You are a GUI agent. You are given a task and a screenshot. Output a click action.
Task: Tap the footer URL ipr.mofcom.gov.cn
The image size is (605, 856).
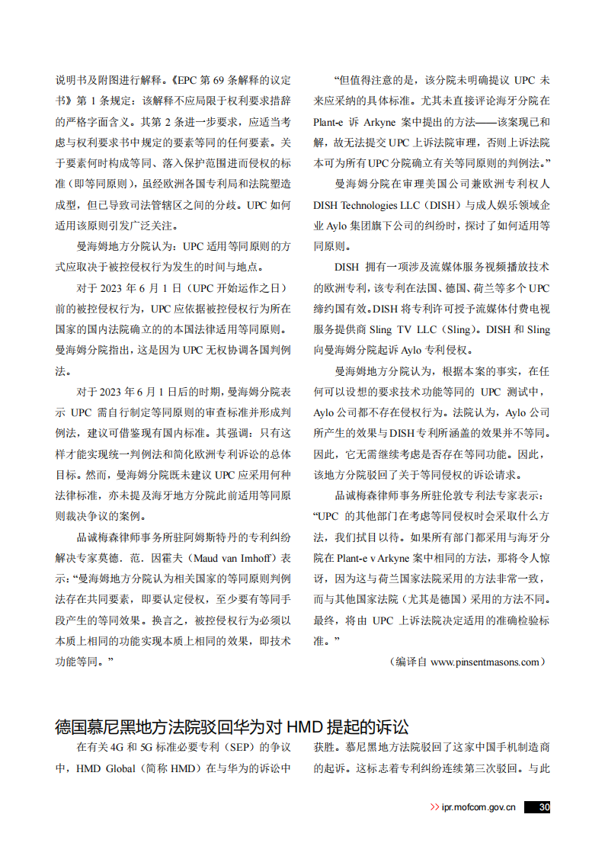479,807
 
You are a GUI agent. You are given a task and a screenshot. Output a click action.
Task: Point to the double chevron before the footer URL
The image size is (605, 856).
434,807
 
